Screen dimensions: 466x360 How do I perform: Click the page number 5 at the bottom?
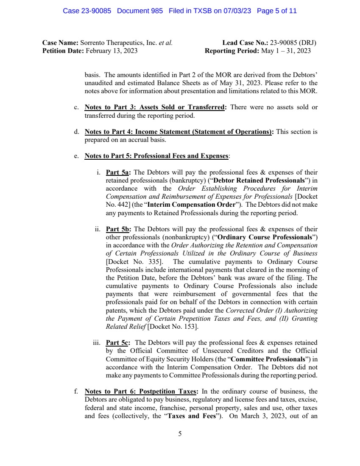[x=180, y=433]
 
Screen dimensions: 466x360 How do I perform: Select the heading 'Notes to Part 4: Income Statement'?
[x=180, y=132]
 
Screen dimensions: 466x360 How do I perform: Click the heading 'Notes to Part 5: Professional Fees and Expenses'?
[x=156, y=156]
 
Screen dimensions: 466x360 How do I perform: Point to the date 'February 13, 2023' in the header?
[x=112, y=51]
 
